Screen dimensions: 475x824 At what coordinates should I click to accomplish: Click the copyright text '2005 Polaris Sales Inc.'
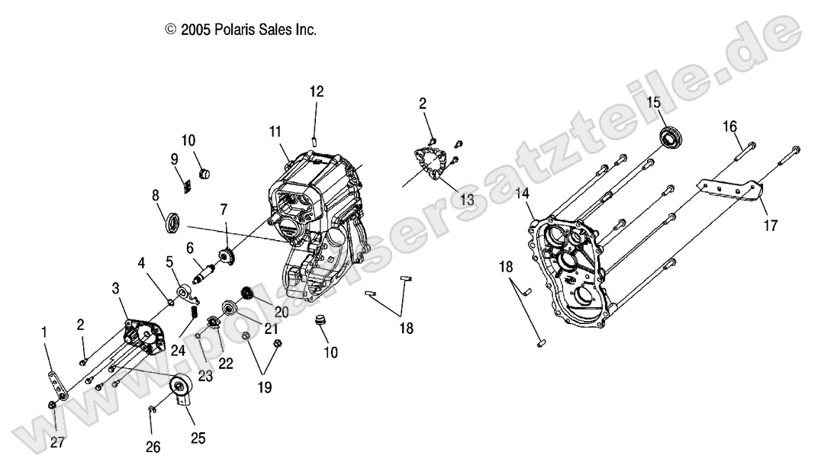pyautogui.click(x=240, y=30)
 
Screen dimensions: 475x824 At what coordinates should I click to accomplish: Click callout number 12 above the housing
pyautogui.click(x=316, y=92)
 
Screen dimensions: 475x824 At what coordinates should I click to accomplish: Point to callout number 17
pyautogui.click(x=771, y=225)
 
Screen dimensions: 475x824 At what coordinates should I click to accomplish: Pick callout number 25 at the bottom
pyautogui.click(x=198, y=438)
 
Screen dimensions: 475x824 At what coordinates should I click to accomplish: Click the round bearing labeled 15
pyautogui.click(x=672, y=138)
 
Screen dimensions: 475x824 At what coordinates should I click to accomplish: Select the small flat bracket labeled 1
pyautogui.click(x=58, y=386)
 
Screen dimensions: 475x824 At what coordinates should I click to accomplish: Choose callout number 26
pyautogui.click(x=153, y=447)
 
